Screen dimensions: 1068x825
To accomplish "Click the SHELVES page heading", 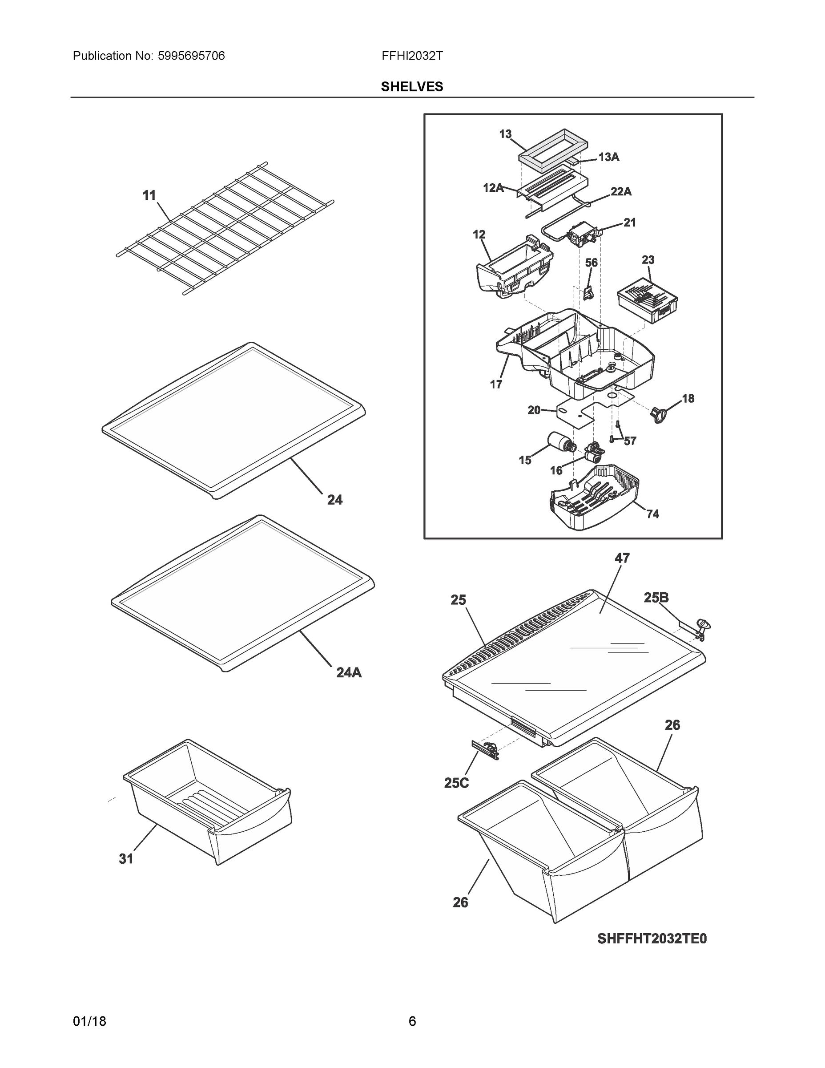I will [411, 87].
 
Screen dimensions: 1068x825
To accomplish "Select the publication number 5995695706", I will [191, 56].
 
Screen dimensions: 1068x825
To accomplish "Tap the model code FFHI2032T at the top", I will [412, 56].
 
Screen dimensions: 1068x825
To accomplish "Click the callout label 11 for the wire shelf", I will [149, 196].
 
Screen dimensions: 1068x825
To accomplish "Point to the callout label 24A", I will [349, 672].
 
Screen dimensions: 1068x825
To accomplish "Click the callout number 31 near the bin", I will [126, 858].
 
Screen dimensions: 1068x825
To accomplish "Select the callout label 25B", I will [656, 598].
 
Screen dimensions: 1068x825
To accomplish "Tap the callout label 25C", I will [456, 783].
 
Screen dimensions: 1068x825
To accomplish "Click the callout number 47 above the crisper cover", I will [622, 558].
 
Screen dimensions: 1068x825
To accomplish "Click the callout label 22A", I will [621, 192].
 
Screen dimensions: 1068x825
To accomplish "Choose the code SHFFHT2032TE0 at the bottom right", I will [652, 939].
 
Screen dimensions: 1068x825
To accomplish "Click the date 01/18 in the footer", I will [89, 1021].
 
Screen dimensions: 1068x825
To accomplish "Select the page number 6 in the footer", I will [412, 1021].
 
